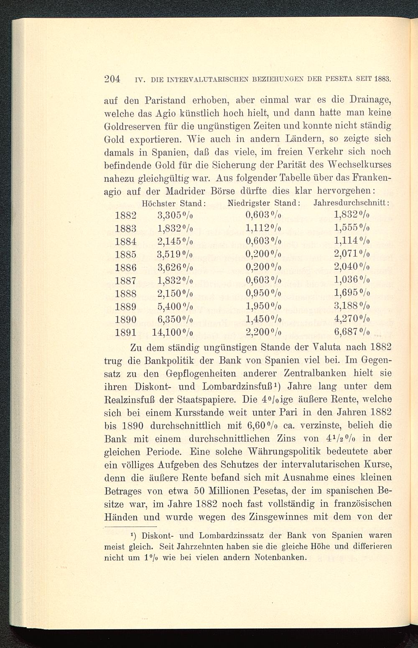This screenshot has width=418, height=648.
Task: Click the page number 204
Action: pos(112,79)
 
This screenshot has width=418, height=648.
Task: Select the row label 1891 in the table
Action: pos(126,332)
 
